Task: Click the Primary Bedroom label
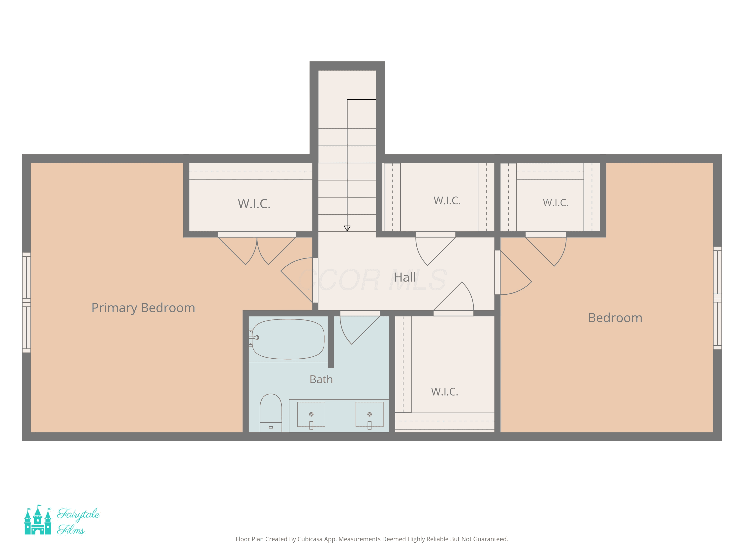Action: click(143, 308)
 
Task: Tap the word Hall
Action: click(405, 278)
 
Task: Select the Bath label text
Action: click(321, 379)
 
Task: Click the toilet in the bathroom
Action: click(271, 413)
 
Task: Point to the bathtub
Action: click(288, 339)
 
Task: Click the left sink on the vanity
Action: click(311, 414)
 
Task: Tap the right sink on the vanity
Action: click(369, 414)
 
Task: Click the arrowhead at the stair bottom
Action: click(347, 228)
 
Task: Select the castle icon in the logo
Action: click(38, 519)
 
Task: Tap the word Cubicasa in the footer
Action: click(310, 539)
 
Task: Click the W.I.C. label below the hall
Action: click(445, 392)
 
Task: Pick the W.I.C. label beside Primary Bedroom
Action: click(254, 204)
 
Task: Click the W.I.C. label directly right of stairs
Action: click(447, 201)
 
